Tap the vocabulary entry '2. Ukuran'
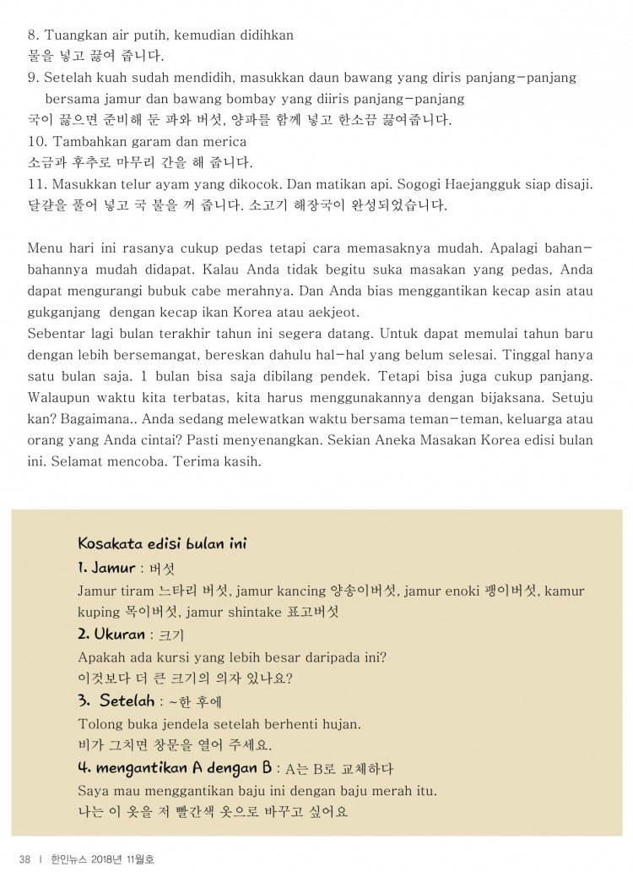point(111,634)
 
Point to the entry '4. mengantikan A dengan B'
point(175,768)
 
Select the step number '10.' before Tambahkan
point(37,141)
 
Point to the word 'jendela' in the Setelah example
point(180,724)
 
